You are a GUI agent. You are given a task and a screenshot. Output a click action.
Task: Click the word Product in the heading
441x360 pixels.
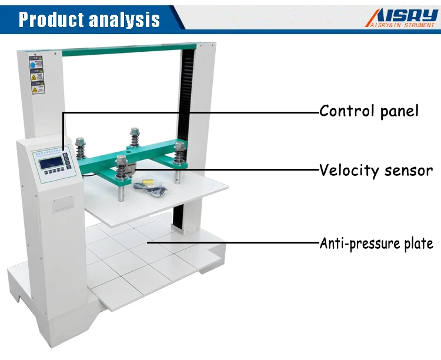50,19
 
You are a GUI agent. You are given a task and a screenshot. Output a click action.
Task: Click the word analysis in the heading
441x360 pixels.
124,19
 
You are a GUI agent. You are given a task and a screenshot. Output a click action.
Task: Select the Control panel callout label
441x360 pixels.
369,111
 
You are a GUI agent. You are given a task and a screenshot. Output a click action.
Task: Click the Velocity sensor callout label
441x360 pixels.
376,171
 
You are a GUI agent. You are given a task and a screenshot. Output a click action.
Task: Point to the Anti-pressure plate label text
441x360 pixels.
376,243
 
